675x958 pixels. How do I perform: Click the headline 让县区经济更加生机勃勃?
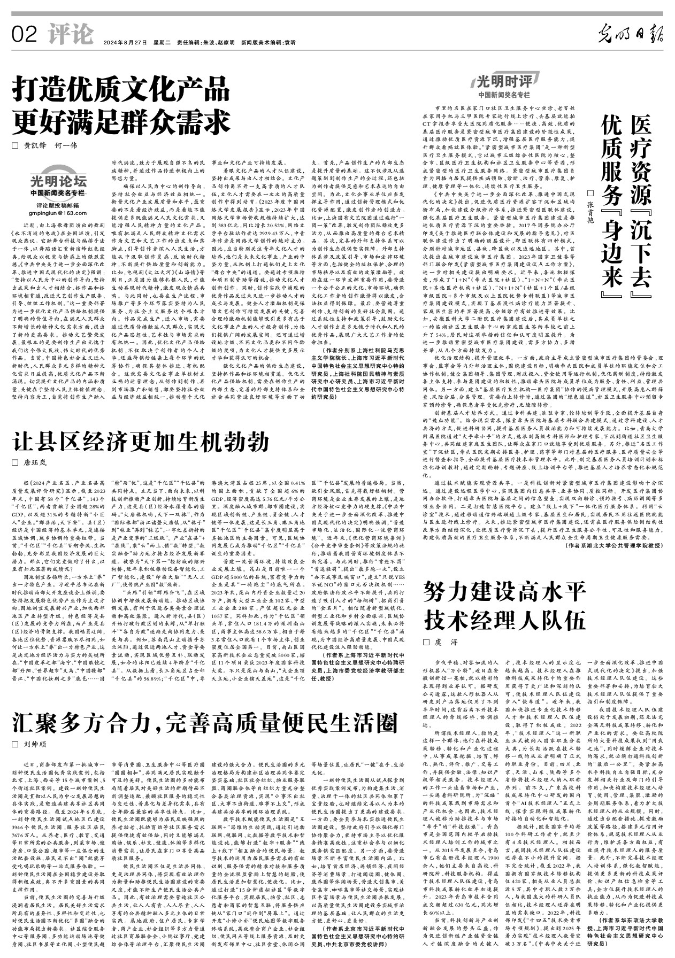[141, 443]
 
